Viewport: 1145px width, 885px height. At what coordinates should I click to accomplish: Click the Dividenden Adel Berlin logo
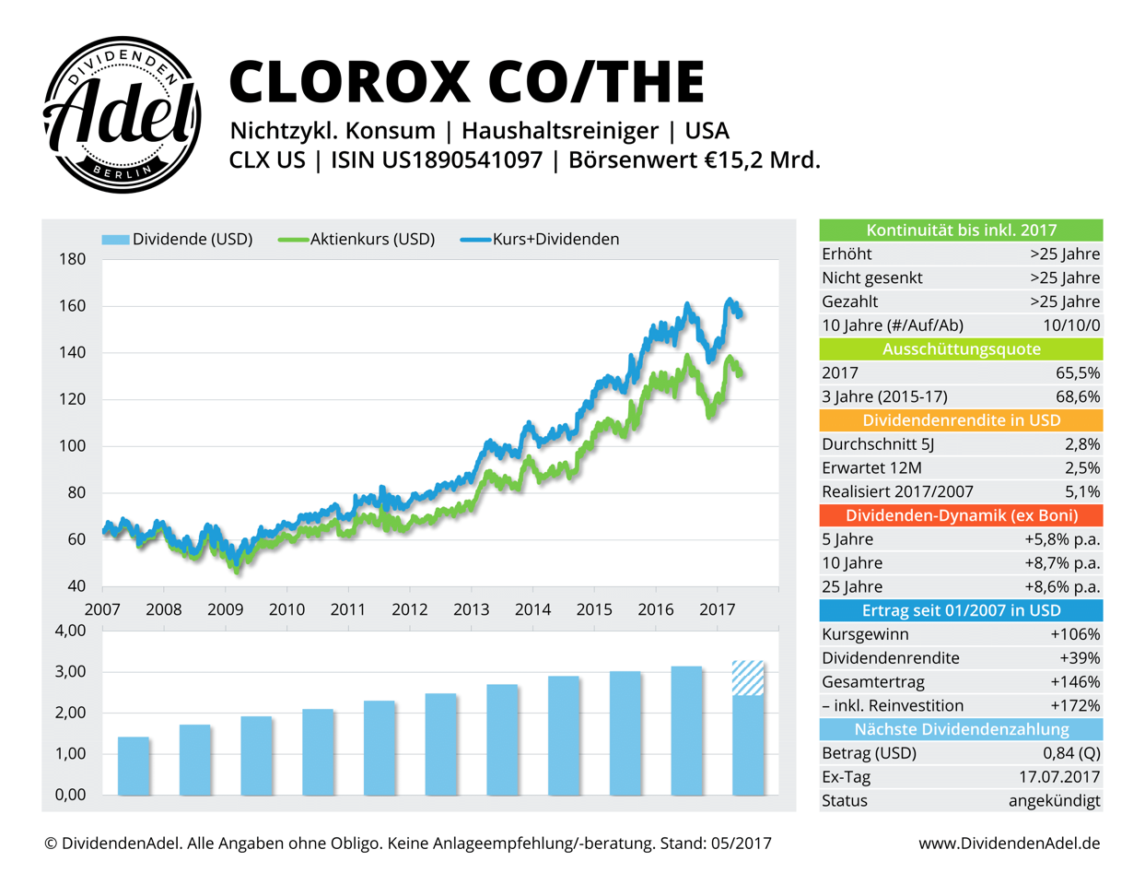[123, 115]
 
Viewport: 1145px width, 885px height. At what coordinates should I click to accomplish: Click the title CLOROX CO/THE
[466, 81]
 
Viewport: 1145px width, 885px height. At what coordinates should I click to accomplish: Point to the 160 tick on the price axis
[72, 306]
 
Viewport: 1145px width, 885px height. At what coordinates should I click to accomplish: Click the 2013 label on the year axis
[471, 609]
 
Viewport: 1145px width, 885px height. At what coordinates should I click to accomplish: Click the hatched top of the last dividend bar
[748, 678]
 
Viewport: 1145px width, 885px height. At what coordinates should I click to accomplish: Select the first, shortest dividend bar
[134, 765]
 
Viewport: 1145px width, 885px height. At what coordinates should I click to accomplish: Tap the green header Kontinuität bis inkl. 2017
[961, 230]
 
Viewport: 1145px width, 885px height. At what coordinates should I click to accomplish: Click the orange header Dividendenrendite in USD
[961, 420]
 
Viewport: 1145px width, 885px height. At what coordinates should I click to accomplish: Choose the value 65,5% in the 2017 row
[1077, 373]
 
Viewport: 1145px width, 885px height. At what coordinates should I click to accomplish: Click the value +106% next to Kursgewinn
[1075, 634]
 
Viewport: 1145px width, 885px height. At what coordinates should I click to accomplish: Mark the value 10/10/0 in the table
[1071, 325]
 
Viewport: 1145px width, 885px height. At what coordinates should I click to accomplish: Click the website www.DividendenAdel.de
[1009, 844]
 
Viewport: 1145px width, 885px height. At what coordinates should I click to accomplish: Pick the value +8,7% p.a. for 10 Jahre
[1062, 563]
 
